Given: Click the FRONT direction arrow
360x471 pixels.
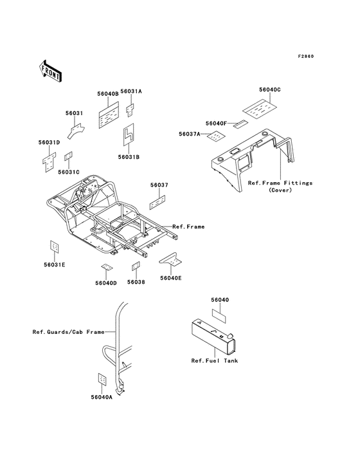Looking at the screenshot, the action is click(x=50, y=71).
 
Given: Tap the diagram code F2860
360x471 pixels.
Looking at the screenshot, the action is click(x=306, y=56).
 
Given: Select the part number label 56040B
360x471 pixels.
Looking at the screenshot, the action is click(x=108, y=94).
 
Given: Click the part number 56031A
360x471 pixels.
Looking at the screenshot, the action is click(x=131, y=91).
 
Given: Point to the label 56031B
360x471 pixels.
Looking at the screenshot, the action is click(x=129, y=157).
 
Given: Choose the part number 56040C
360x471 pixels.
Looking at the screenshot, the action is click(x=270, y=89).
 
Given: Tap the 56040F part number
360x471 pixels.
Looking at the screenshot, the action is click(x=216, y=124).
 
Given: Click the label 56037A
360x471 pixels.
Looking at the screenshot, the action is click(x=190, y=134).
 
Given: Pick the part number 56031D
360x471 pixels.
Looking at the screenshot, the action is click(x=50, y=142).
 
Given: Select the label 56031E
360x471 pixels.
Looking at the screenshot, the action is click(x=55, y=264).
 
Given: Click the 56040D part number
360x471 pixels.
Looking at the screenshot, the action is click(x=106, y=283).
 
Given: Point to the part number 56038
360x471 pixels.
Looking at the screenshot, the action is click(x=136, y=282).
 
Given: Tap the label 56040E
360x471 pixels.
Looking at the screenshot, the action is click(x=171, y=278).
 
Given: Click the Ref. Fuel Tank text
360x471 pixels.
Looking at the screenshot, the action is click(x=215, y=361).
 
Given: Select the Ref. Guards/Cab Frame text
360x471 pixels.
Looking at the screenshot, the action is click(x=68, y=332).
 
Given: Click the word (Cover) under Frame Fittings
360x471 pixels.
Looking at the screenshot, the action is click(x=280, y=190).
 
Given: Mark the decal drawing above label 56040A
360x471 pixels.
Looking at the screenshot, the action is click(x=102, y=380).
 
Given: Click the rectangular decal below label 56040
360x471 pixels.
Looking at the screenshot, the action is click(x=219, y=317).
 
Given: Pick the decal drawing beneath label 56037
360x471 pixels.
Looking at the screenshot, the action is click(x=157, y=203).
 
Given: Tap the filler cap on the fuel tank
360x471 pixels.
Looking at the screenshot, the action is click(x=230, y=335).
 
